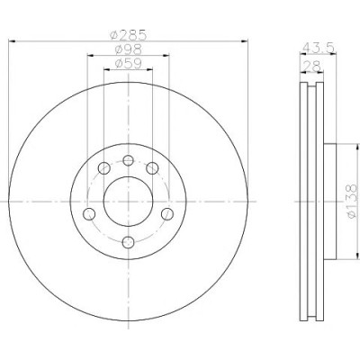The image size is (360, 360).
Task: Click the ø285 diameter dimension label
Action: pyautogui.click(x=128, y=35)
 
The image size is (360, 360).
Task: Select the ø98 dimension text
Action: pyautogui.click(x=128, y=49)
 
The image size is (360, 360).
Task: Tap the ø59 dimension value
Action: pyautogui.click(x=128, y=63)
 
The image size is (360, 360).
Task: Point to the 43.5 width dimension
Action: pyautogui.click(x=318, y=48)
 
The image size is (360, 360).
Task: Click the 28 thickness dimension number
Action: pyautogui.click(x=311, y=66)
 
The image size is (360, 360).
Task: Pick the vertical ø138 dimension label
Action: pyautogui.click(x=352, y=202)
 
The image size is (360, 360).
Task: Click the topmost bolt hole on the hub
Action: pyautogui.click(x=128, y=160)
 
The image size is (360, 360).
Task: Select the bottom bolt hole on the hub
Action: pyautogui.click(x=128, y=242)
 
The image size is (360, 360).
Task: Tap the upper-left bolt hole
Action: pyautogui.click(x=104, y=168)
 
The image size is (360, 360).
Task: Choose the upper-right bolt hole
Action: pyautogui.click(x=152, y=168)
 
